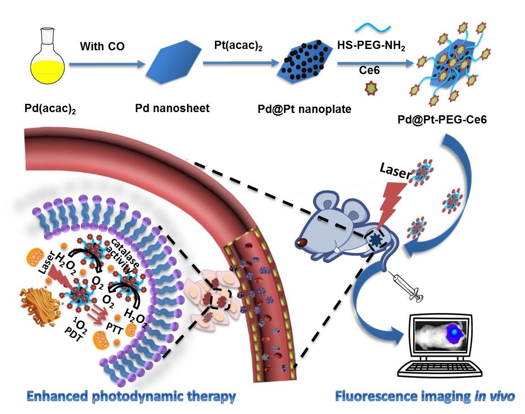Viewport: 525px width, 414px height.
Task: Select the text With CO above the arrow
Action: (x=102, y=47)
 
